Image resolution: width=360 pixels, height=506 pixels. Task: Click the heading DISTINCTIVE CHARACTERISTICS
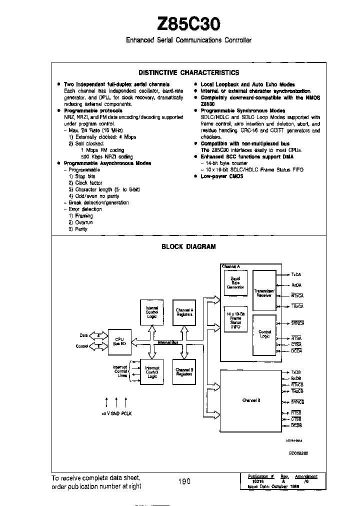coord(188,72)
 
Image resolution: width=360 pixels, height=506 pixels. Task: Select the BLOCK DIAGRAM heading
coord(188,246)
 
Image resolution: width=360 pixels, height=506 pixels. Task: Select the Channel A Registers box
coord(184,312)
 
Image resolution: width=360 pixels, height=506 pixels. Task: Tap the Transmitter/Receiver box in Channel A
coord(263,293)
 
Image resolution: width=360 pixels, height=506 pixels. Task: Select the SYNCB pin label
coord(298,402)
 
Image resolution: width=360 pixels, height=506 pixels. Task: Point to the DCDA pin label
coord(297,351)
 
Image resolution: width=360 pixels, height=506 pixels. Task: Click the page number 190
coord(184,481)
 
